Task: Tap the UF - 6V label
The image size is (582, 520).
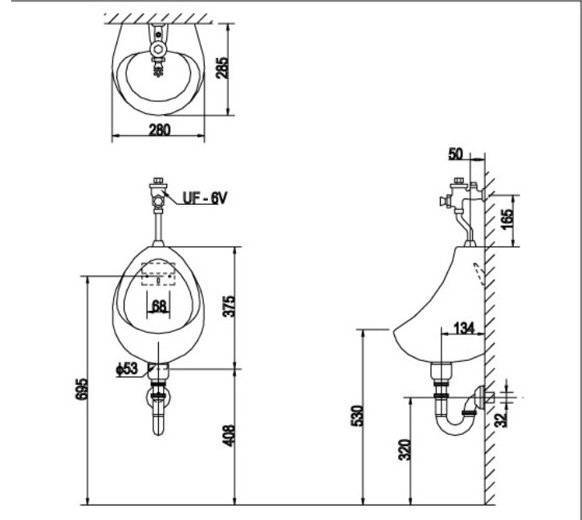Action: tap(203, 195)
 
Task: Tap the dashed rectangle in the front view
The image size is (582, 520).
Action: tap(158, 273)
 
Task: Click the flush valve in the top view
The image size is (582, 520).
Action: tap(158, 47)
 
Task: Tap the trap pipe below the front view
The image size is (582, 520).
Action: tap(159, 410)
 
